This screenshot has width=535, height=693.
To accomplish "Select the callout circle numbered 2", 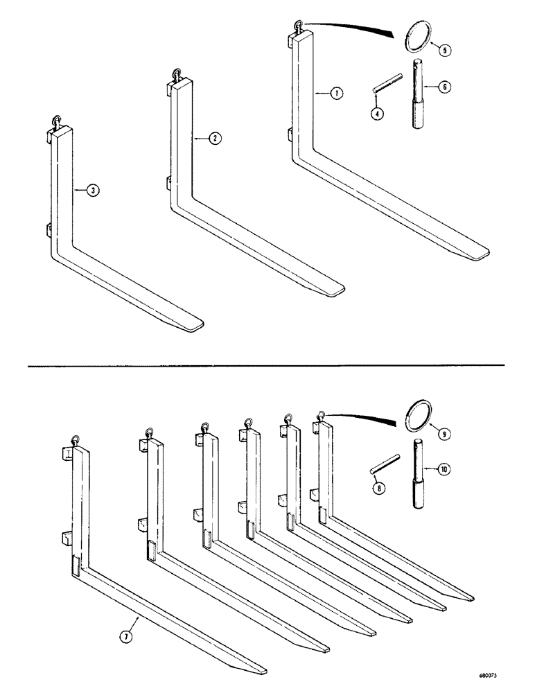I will pyautogui.click(x=215, y=139).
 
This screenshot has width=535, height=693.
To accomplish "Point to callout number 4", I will pyautogui.click(x=376, y=114).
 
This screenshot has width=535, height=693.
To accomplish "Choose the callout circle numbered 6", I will pyautogui.click(x=444, y=87).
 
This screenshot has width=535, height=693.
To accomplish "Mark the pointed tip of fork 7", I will pyautogui.click(x=262, y=669).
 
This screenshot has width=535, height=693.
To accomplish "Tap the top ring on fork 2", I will pyautogui.click(x=177, y=75).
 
